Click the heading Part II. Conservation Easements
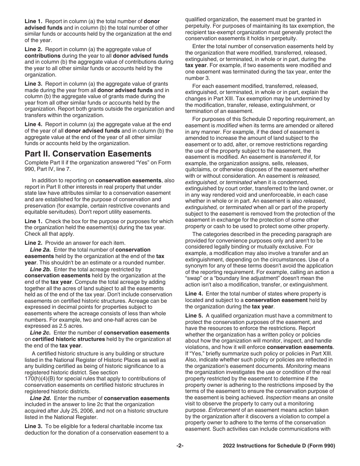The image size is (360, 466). tap(88, 153)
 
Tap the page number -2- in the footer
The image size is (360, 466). tap(180, 446)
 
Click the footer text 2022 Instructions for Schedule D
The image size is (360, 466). tap(279, 446)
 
